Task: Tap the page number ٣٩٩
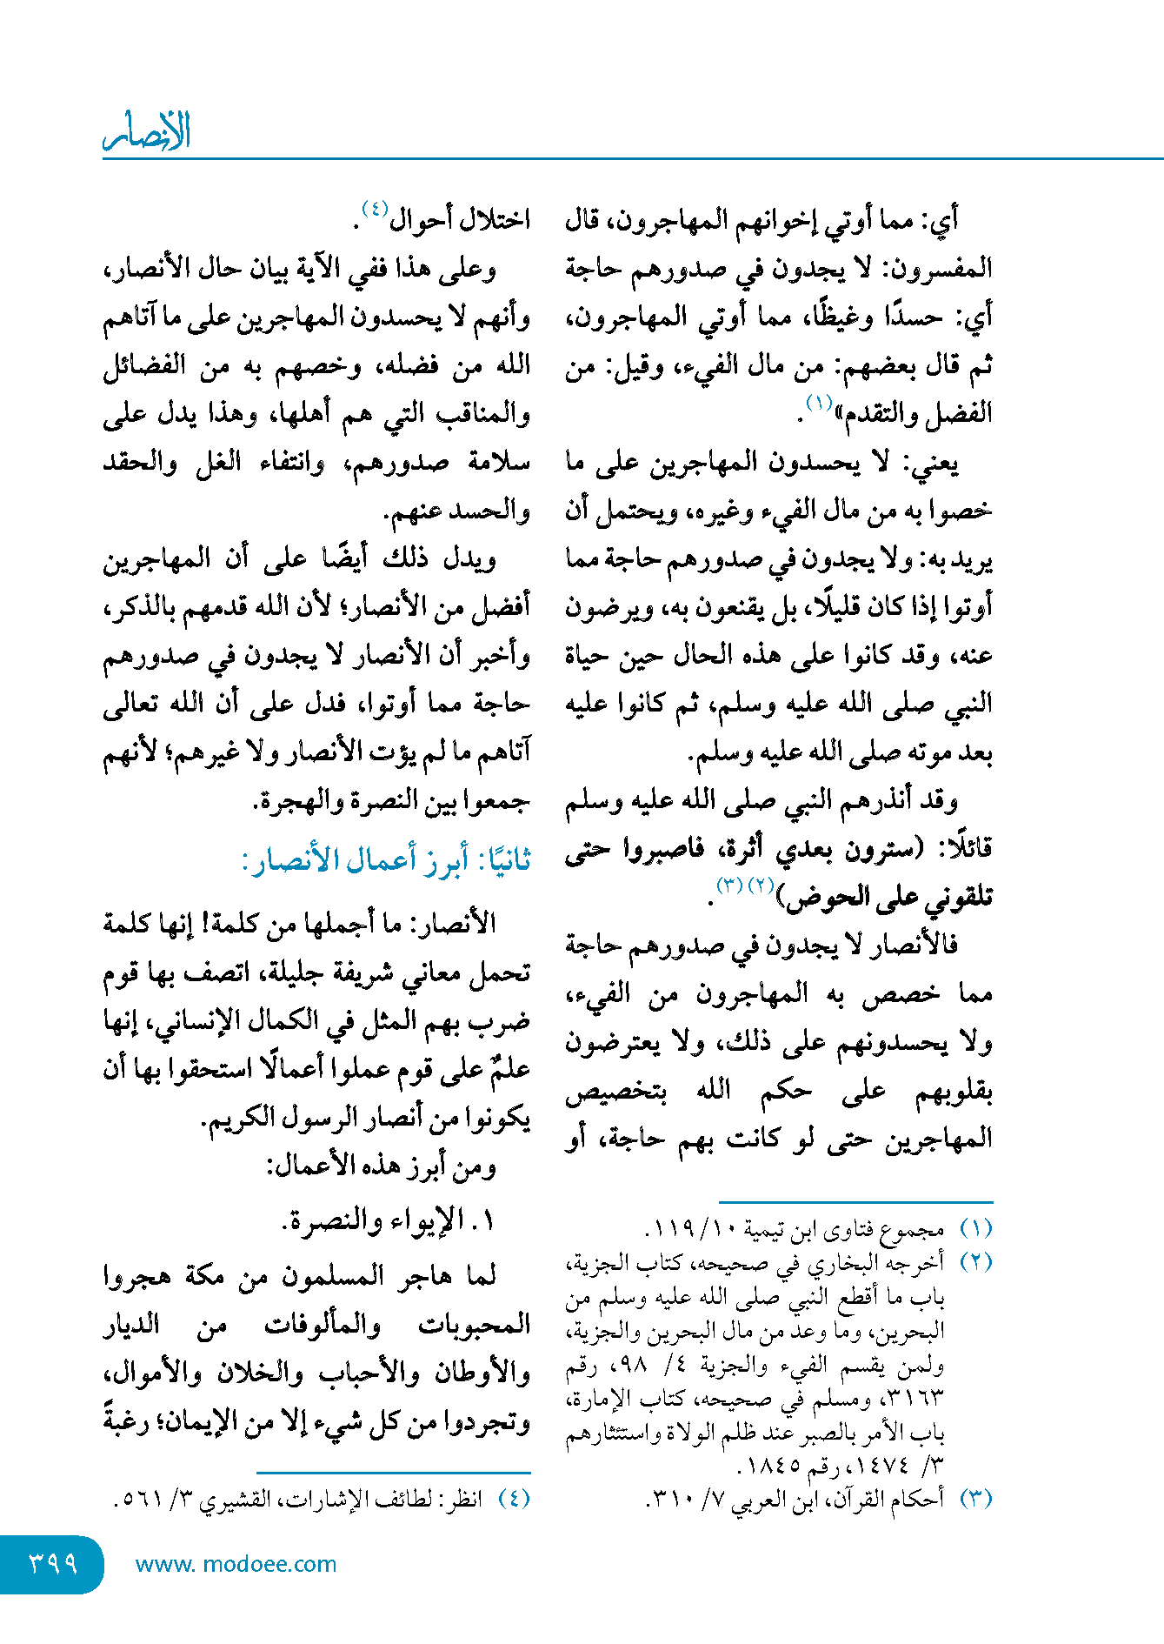tap(53, 1563)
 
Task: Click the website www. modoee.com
tap(236, 1564)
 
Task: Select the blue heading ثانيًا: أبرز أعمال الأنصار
tap(386, 860)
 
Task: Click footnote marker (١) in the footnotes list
tap(975, 1229)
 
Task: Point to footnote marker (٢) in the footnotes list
tap(975, 1262)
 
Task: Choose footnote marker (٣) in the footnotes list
tap(975, 1499)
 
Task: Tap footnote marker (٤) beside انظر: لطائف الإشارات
tap(514, 1499)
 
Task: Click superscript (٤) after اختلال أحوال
tap(375, 209)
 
